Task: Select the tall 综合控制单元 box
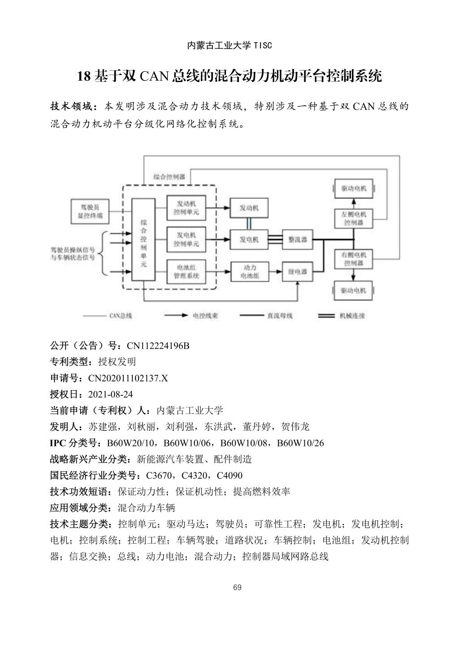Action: (x=143, y=240)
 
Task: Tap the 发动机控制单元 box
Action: (x=186, y=208)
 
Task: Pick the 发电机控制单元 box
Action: (x=186, y=239)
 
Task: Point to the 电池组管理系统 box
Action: (x=186, y=271)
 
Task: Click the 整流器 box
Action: (x=297, y=240)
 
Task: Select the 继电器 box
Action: (x=297, y=272)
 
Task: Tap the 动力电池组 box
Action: (x=249, y=272)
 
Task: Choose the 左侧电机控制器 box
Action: (x=354, y=218)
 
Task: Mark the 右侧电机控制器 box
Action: (x=354, y=259)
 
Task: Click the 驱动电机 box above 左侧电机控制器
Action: (x=354, y=188)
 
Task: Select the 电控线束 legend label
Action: (x=205, y=316)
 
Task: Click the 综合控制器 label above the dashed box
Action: (x=169, y=177)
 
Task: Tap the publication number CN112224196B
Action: (x=158, y=346)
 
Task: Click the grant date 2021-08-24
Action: (x=111, y=394)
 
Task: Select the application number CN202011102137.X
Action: (x=128, y=378)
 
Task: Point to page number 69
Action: (x=238, y=588)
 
